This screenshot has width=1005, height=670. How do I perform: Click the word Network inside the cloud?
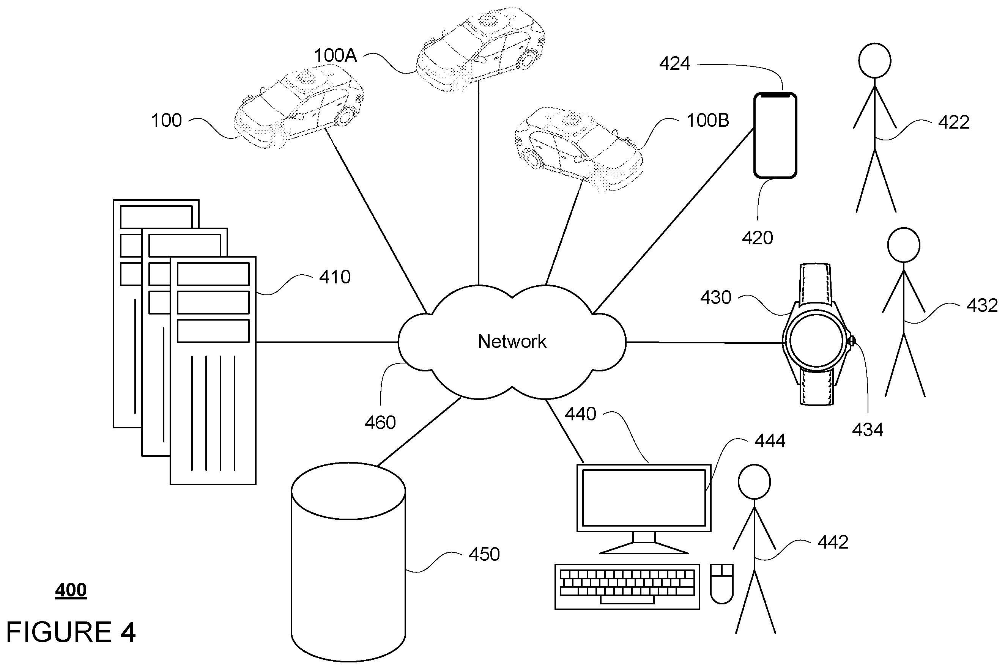click(512, 341)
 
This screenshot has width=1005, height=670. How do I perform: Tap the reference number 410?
click(335, 277)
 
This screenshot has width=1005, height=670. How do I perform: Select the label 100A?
click(335, 55)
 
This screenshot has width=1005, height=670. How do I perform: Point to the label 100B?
click(707, 121)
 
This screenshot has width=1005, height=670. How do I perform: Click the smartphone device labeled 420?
click(775, 135)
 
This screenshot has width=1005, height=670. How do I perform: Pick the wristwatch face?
click(816, 341)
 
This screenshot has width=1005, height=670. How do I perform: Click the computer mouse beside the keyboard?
click(721, 583)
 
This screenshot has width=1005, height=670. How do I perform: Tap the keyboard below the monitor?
click(627, 587)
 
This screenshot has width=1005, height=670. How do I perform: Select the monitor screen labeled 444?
click(644, 498)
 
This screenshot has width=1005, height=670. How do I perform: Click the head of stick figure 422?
click(874, 60)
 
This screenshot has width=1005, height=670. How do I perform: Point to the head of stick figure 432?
click(904, 245)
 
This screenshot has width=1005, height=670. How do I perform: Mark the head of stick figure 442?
click(755, 481)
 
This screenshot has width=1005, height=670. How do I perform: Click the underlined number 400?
click(71, 590)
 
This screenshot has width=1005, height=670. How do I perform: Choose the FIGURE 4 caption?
click(71, 632)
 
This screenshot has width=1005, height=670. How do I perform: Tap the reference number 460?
click(380, 423)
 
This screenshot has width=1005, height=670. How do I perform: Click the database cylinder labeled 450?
click(348, 562)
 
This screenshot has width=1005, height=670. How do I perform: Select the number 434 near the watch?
click(867, 430)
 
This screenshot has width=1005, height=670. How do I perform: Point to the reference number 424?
click(674, 64)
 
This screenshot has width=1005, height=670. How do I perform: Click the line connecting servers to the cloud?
click(327, 342)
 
